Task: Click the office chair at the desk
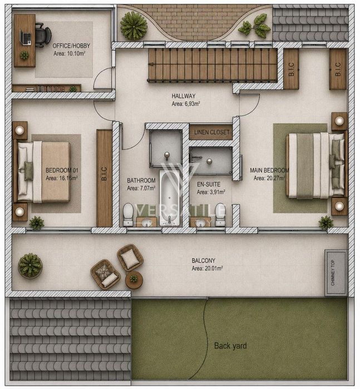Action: [43, 35]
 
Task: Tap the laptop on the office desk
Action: [26, 37]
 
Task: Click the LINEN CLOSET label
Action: [211, 132]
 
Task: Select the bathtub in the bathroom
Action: [169, 198]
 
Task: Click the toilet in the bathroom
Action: [128, 215]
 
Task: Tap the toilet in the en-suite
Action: [220, 215]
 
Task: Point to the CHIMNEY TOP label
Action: [333, 272]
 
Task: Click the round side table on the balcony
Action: [134, 280]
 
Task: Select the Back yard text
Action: [230, 346]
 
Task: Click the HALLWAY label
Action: [184, 96]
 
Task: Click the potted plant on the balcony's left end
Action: [30, 266]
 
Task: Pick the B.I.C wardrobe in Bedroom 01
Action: [104, 178]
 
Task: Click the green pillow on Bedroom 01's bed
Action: [28, 171]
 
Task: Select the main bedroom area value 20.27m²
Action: [269, 178]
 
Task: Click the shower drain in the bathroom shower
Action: [167, 155]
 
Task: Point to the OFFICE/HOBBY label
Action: [71, 46]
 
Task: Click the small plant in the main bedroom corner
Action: [326, 222]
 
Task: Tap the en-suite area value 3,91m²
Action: [211, 192]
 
